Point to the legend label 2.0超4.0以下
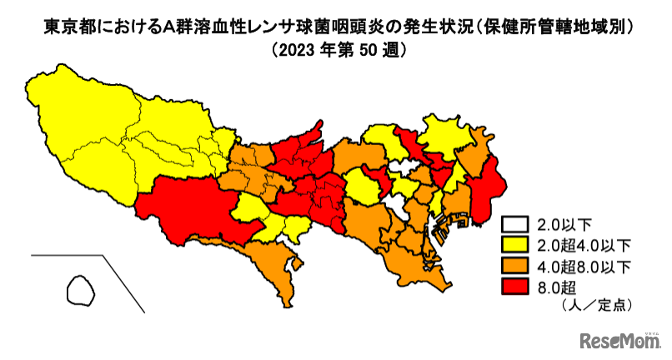click(x=579, y=245)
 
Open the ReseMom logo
click(x=614, y=341)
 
